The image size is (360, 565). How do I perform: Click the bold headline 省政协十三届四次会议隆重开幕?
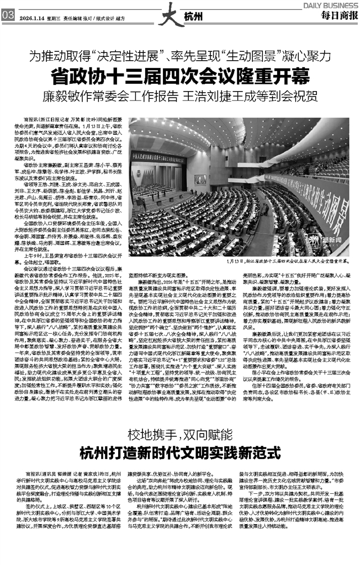click(x=180, y=75)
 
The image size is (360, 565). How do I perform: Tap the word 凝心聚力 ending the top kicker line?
click(x=306, y=56)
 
